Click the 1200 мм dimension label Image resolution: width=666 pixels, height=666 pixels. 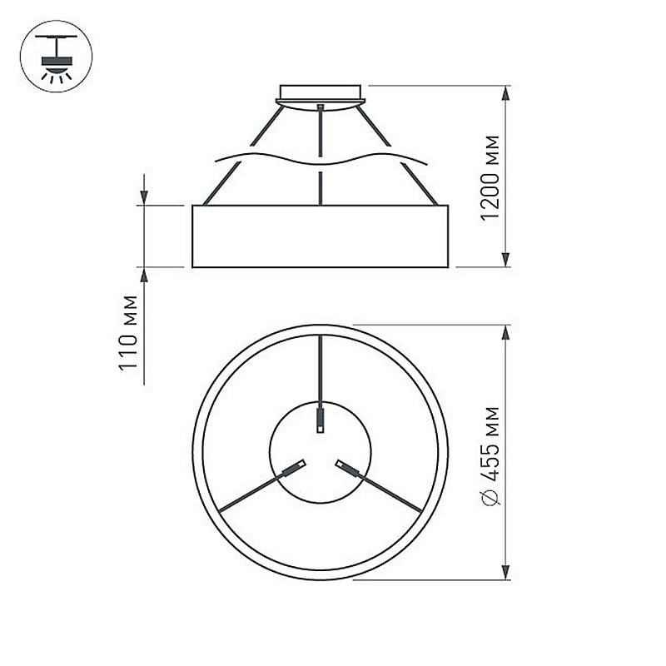[490, 178]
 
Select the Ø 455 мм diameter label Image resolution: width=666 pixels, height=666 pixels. [491, 455]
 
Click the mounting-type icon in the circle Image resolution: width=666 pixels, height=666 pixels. [56, 56]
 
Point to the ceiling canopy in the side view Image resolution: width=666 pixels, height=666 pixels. [321, 97]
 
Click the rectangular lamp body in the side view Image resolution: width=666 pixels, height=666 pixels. [321, 236]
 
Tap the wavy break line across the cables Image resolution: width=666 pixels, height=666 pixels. [321, 159]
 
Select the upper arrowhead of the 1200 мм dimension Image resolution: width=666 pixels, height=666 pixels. [505, 93]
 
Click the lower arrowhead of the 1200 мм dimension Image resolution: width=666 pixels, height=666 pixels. [505, 260]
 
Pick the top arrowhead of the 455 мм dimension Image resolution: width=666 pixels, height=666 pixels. [505, 333]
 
